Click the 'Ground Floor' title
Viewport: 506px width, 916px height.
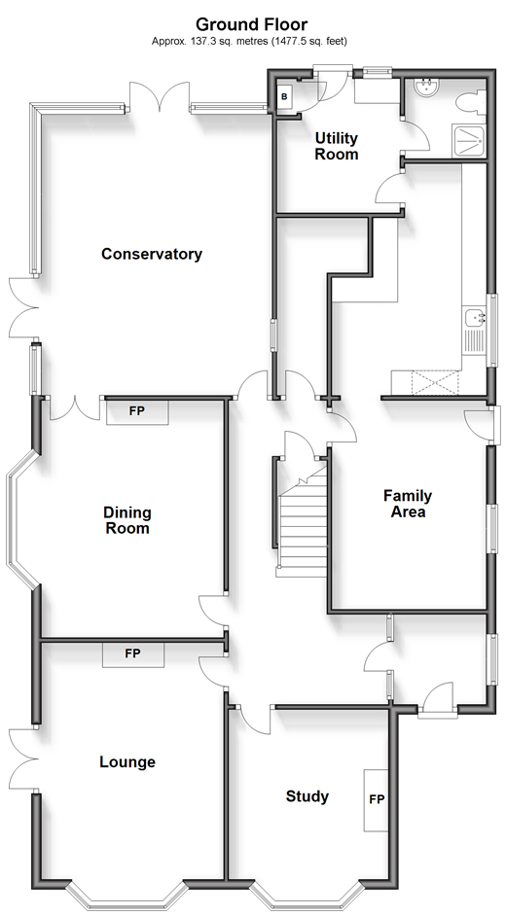click(x=251, y=24)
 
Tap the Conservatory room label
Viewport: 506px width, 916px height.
click(x=152, y=254)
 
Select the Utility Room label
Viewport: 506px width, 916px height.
click(x=337, y=147)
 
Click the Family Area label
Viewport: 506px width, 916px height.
click(x=408, y=504)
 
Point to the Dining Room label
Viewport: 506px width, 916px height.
click(x=127, y=520)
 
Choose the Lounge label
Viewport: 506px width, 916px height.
click(x=127, y=761)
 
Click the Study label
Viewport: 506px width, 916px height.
click(x=307, y=796)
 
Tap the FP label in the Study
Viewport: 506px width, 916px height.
click(x=377, y=799)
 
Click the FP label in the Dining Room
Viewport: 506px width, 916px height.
click(x=137, y=411)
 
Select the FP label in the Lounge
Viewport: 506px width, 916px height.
click(x=132, y=653)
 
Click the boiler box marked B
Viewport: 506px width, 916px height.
click(x=284, y=97)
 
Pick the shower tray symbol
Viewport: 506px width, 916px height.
click(x=469, y=141)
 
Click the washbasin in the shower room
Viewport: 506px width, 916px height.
click(x=425, y=88)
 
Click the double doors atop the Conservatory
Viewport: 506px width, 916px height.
click(x=160, y=96)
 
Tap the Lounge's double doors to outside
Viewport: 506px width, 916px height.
click(x=24, y=758)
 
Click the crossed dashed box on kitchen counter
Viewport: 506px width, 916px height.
click(x=435, y=383)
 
